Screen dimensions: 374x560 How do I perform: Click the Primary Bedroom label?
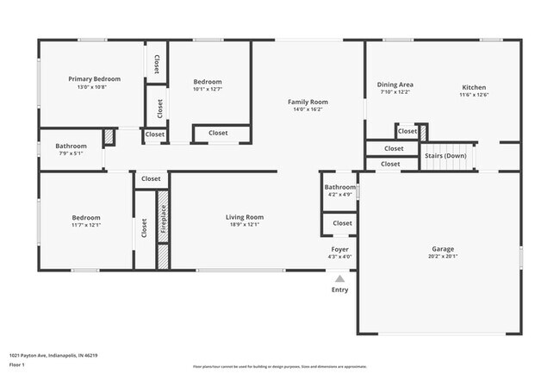(x=94, y=78)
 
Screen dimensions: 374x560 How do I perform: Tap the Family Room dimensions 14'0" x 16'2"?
(x=308, y=110)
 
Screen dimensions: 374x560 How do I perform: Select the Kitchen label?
(x=474, y=87)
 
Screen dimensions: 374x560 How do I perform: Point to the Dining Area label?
(x=395, y=84)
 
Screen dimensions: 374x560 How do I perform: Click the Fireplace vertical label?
(x=164, y=219)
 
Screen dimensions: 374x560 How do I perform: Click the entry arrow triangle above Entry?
(x=340, y=278)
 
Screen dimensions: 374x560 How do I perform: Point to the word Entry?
(x=340, y=290)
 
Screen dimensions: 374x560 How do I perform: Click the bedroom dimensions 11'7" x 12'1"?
(x=85, y=226)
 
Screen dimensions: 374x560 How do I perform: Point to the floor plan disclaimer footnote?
(x=279, y=366)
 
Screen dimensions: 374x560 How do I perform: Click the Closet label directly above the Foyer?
(x=342, y=223)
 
